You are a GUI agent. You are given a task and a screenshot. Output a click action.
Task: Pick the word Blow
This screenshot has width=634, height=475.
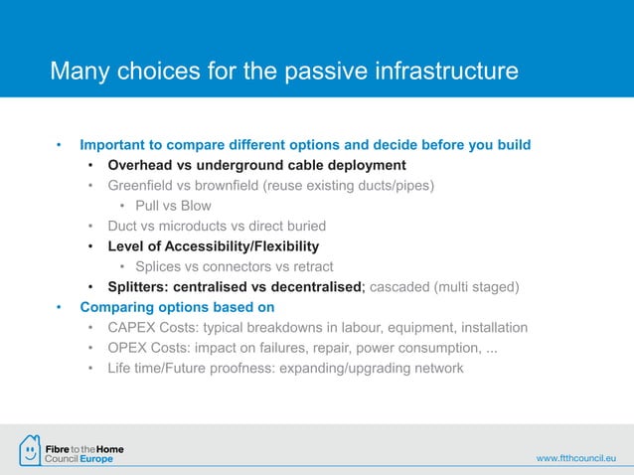194,206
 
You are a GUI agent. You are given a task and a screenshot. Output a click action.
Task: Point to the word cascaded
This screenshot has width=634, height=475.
401,287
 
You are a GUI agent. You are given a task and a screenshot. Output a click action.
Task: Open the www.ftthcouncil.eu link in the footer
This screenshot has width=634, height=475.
576,458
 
